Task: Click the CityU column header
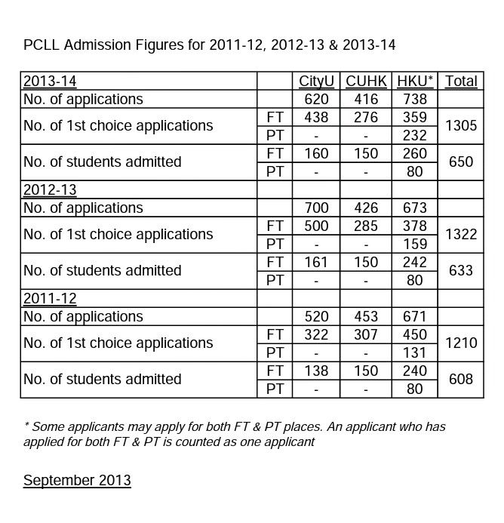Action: [x=317, y=81]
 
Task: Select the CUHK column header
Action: [x=366, y=81]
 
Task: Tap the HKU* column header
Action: [x=415, y=81]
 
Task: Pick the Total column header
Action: [x=461, y=81]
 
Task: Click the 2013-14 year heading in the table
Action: [x=50, y=81]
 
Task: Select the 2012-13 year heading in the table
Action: [x=50, y=189]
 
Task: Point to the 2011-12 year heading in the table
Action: [x=50, y=298]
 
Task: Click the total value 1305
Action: [x=461, y=126]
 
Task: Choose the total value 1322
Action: [x=461, y=235]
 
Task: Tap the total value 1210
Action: [x=461, y=343]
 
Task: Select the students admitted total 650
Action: [x=461, y=162]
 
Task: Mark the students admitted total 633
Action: [x=461, y=271]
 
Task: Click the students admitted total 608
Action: [x=461, y=380]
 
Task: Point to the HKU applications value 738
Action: [x=415, y=99]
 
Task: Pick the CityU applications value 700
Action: [x=317, y=208]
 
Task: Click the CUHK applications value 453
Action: [x=366, y=316]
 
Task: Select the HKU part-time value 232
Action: [x=415, y=136]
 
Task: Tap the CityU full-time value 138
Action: [x=317, y=371]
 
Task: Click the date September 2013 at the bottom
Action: [x=77, y=480]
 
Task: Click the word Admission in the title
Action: [x=95, y=45]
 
